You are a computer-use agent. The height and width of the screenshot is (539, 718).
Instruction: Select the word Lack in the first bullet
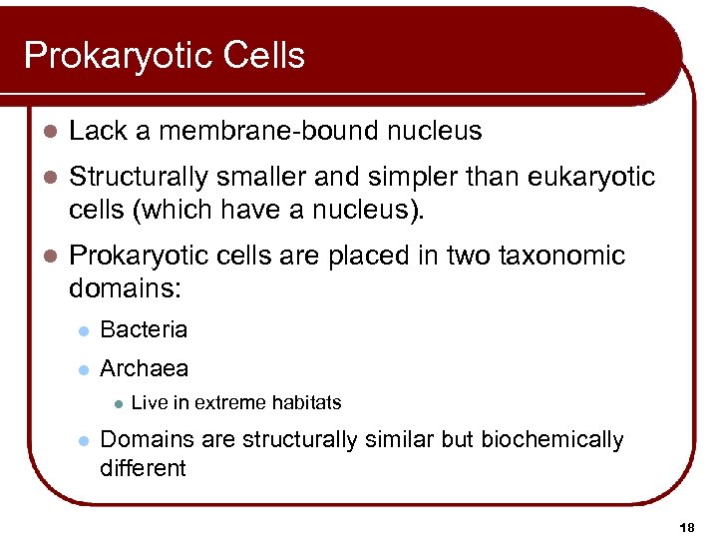(x=97, y=131)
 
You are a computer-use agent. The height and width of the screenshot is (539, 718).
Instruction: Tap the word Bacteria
(x=144, y=329)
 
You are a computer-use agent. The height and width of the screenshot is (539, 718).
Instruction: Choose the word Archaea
(x=144, y=368)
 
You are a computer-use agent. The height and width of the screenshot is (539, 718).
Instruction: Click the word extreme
(x=230, y=403)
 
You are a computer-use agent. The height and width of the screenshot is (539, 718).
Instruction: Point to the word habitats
(x=304, y=403)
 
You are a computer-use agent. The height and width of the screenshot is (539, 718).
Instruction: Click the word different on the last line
(x=143, y=467)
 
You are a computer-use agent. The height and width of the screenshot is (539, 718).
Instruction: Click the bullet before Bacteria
(x=86, y=330)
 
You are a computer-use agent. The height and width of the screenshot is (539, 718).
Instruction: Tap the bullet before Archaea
(x=86, y=369)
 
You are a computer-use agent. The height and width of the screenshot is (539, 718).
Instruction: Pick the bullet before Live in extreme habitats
(x=117, y=404)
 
